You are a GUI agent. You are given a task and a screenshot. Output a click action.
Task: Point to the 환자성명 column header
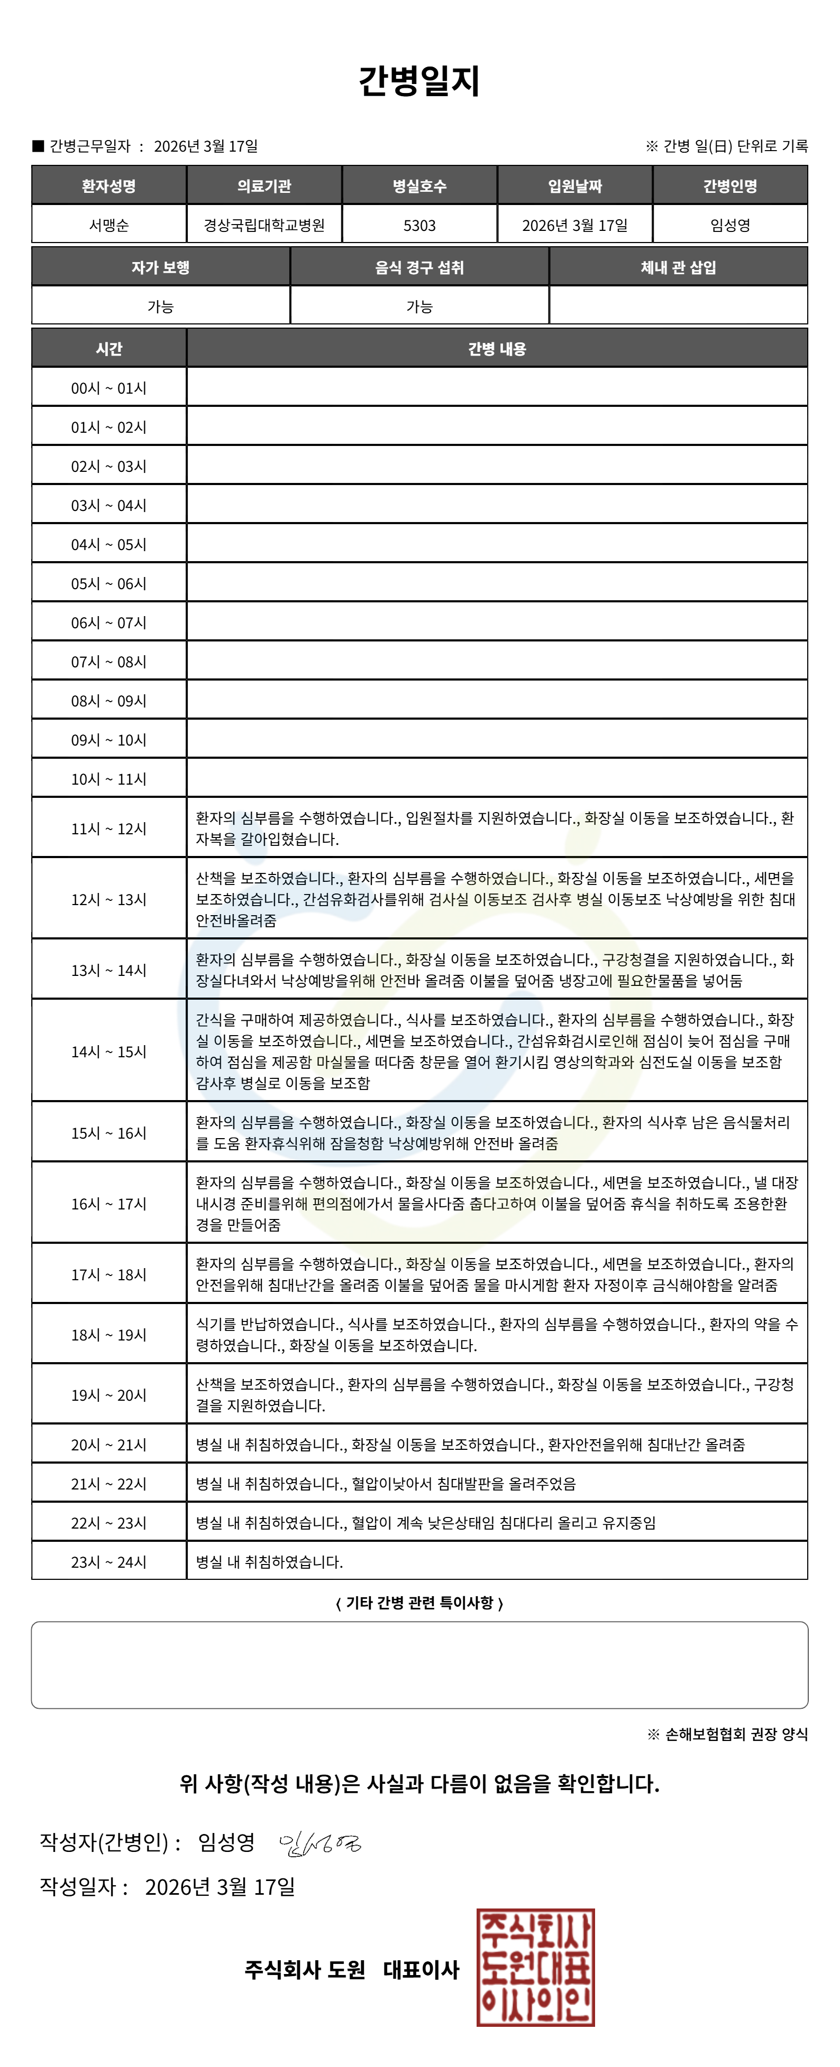[108, 186]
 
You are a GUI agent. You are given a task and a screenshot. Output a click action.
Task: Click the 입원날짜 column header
[575, 186]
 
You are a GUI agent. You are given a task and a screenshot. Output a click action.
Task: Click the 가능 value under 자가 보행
[161, 306]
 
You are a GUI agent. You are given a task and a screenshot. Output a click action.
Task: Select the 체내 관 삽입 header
[679, 268]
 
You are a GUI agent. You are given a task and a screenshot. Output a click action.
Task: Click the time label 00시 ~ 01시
[108, 388]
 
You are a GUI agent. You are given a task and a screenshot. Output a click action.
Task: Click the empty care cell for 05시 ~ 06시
[497, 583]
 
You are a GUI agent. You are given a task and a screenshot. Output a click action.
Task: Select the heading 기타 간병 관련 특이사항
[419, 1603]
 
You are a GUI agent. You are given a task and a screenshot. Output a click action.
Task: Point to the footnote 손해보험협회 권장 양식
[727, 1735]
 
